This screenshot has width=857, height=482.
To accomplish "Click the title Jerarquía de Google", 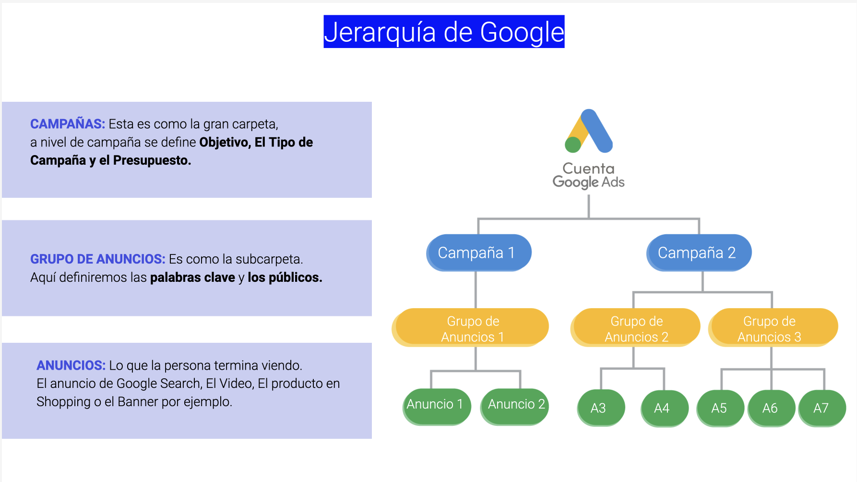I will point(444,32).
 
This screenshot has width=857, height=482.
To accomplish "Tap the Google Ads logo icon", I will point(589,131).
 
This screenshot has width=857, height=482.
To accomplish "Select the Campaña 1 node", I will point(478,253).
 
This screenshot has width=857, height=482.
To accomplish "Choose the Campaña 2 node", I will point(698,253).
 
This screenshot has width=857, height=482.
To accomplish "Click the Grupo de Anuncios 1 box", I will point(472,328).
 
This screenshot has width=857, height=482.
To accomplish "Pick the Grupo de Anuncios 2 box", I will point(636,328).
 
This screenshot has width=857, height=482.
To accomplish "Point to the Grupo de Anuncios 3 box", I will point(773,328).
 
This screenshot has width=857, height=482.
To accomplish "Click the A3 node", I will point(600,408).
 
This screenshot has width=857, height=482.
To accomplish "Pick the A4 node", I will point(664,408).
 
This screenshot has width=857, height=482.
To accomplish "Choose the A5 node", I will point(720,408).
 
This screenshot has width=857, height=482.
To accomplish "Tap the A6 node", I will point(771,408).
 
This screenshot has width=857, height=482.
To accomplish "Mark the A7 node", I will point(822,408).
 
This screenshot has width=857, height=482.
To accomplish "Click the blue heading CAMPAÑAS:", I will point(68,124).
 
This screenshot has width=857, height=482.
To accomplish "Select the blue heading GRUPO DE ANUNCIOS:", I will point(97,259).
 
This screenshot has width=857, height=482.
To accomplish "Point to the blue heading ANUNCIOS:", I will point(71,365).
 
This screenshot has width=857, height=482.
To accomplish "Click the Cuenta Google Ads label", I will point(589,175).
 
